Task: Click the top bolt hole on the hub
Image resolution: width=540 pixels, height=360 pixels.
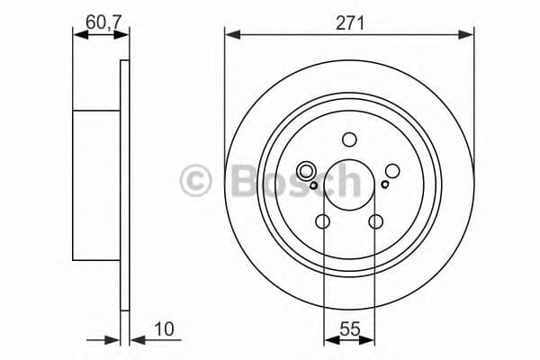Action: pos(349,139)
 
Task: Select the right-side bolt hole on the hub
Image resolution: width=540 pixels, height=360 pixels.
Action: pos(392,170)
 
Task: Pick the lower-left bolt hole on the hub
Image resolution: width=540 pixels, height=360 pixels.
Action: pos(323,221)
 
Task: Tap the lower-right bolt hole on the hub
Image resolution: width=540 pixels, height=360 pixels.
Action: pos(376,221)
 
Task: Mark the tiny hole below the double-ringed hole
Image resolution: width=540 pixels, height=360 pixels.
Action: pos(313,186)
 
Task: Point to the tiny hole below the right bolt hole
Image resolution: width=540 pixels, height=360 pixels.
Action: pos(385,185)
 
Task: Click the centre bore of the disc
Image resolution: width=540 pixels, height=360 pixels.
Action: pos(349,184)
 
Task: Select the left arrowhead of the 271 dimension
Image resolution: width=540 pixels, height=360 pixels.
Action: pos(231,35)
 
